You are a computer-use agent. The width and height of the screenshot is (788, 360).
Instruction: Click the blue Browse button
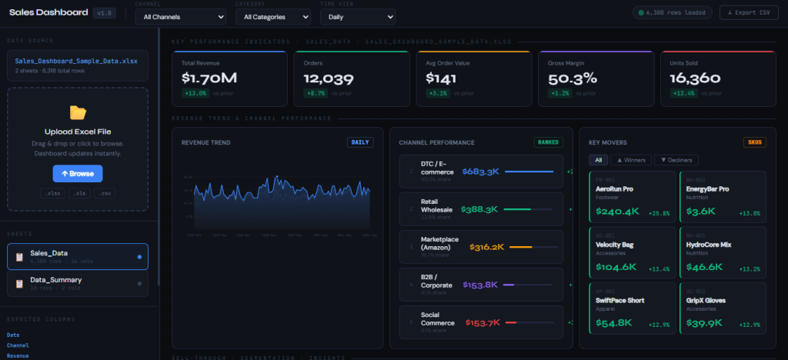pyautogui.click(x=77, y=173)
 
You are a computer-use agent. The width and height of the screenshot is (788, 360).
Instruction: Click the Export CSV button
pyautogui.click(x=749, y=12)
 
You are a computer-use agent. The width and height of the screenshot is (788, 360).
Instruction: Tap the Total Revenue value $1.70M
pyautogui.click(x=209, y=78)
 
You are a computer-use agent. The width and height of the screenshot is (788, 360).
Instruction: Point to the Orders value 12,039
pyautogui.click(x=329, y=78)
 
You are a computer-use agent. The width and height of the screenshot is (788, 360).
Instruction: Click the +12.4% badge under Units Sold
pyautogui.click(x=684, y=93)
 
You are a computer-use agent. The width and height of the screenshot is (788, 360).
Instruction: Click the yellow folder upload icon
pyautogui.click(x=78, y=113)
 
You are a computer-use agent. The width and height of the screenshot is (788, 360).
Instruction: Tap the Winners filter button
pyautogui.click(x=629, y=160)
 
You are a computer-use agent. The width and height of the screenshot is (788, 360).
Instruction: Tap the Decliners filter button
pyautogui.click(x=676, y=160)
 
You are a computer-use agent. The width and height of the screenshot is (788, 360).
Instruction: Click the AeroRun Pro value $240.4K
pyautogui.click(x=617, y=212)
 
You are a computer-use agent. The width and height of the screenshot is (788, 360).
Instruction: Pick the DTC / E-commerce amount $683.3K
pyautogui.click(x=481, y=172)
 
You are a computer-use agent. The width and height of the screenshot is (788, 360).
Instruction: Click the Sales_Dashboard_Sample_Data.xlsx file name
pyautogui.click(x=75, y=61)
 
